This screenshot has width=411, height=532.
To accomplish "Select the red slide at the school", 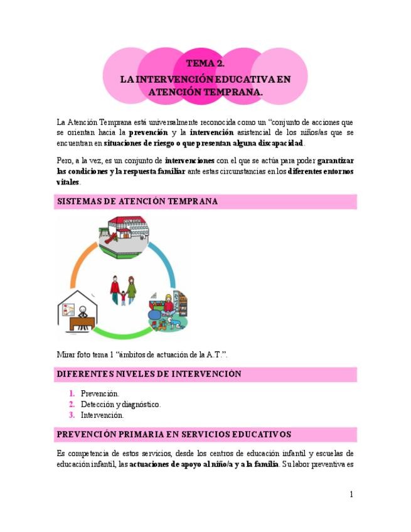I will click(x=107, y=237).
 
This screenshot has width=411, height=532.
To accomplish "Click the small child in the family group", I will click(x=124, y=295).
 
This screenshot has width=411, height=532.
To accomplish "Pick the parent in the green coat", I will click(x=132, y=288).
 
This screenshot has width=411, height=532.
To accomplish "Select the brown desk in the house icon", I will click(x=80, y=322).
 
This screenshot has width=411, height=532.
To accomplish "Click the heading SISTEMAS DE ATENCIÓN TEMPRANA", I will click(x=137, y=202).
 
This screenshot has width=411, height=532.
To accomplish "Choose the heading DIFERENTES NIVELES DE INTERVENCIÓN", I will click(x=149, y=375).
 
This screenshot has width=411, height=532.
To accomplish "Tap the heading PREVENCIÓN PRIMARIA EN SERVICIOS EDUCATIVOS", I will click(x=174, y=434).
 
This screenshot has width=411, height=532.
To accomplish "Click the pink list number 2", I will click(x=73, y=405).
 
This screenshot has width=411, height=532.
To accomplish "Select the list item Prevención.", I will click(x=100, y=393).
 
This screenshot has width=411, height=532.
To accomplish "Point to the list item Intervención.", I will click(x=102, y=415).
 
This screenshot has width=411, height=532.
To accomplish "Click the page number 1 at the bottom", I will click(x=351, y=494).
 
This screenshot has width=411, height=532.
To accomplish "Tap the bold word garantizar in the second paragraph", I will click(x=336, y=161).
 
